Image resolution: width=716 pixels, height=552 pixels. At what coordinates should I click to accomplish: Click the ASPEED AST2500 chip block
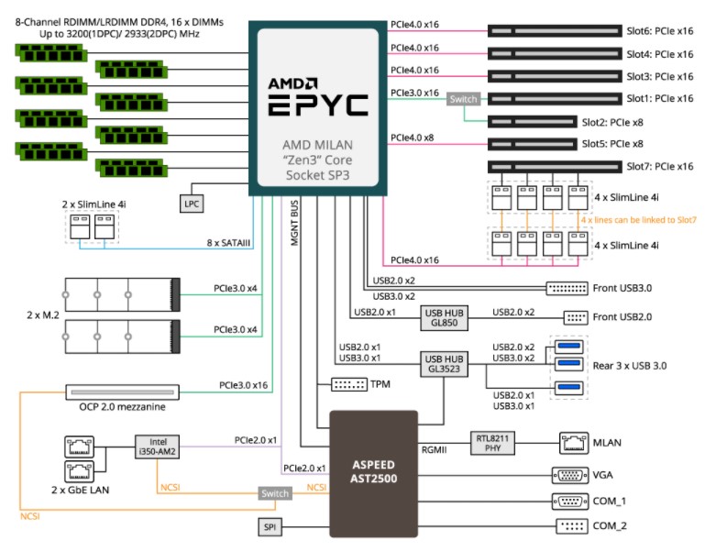point(373,473)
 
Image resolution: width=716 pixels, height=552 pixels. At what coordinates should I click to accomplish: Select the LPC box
point(192,204)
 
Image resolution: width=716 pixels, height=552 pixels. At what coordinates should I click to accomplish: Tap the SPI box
point(270,527)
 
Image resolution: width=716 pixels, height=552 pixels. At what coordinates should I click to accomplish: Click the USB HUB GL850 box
point(444,318)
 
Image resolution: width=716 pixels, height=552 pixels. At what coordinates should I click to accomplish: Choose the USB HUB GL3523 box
point(444,364)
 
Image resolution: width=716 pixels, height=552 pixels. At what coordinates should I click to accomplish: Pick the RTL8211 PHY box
point(492,443)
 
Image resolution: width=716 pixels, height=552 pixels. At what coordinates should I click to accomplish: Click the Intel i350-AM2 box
point(157,447)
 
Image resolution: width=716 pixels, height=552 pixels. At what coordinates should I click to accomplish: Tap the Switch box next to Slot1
point(463,99)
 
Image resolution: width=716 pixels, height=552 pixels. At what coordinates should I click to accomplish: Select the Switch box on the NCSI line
point(275,493)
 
